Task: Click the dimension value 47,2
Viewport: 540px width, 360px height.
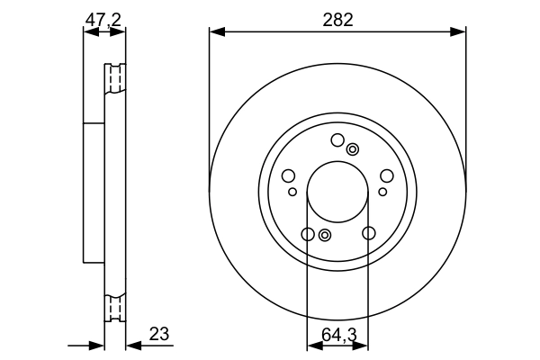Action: (103, 18)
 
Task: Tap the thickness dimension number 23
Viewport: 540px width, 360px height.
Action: (158, 334)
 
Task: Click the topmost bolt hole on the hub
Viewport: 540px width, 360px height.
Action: (337, 139)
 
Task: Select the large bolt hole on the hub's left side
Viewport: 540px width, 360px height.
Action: (289, 176)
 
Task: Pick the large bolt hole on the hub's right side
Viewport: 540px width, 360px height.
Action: (386, 176)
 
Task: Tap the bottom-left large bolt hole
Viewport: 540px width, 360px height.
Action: (308, 234)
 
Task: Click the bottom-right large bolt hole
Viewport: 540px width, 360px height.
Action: (368, 234)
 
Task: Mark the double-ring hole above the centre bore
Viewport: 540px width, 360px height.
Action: (353, 149)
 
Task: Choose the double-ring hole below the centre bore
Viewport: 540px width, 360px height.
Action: (325, 236)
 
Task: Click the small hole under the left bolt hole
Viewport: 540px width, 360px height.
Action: (292, 192)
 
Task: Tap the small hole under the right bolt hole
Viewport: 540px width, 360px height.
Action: (382, 192)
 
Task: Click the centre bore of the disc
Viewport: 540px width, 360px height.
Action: (337, 193)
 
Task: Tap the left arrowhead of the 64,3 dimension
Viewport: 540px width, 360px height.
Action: (312, 346)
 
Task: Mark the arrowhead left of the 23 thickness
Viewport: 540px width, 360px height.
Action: (98, 346)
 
